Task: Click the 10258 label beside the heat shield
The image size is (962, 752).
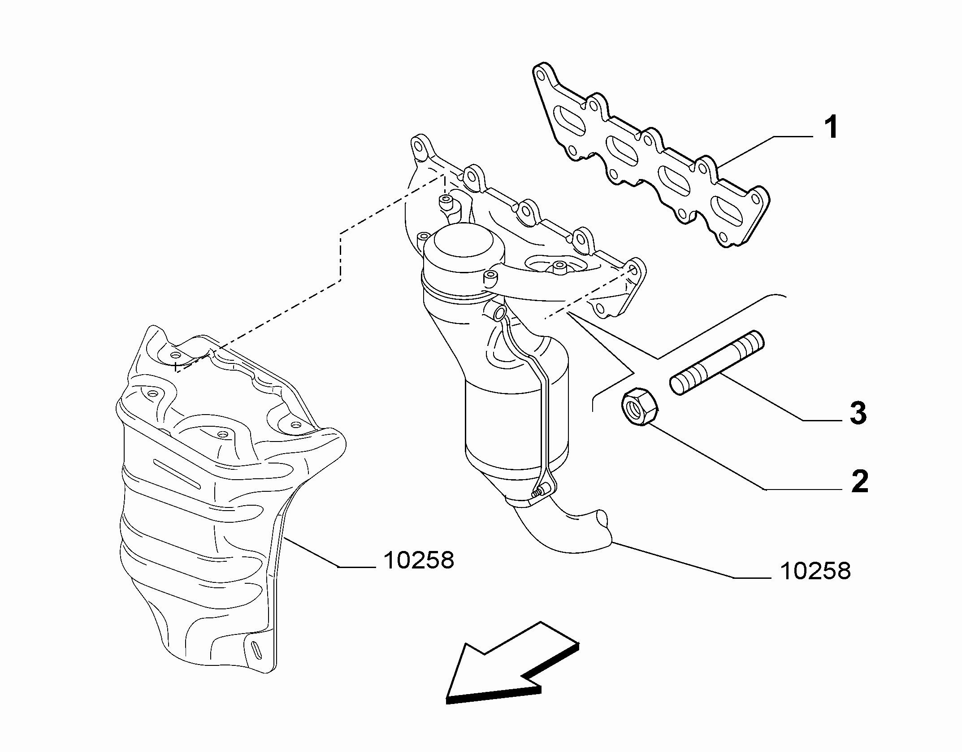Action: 419,560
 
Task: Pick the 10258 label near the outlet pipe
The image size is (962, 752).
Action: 815,571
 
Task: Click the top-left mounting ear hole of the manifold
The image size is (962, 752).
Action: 418,147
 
